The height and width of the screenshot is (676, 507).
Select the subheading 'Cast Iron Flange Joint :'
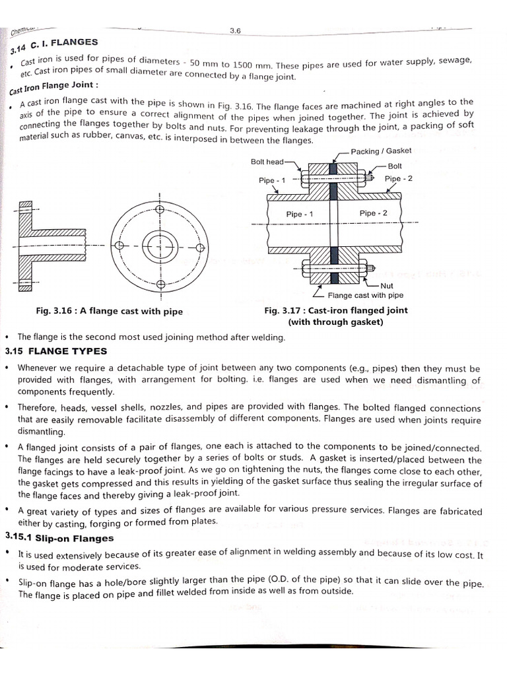54,87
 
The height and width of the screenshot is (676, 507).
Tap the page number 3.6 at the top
235,30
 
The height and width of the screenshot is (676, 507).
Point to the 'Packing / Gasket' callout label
381,151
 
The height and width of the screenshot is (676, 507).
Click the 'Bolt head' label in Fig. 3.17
267,162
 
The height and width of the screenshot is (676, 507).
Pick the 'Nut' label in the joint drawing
386,286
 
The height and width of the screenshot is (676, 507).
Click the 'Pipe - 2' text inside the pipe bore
373,213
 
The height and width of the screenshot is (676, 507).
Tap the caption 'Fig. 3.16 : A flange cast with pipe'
110,311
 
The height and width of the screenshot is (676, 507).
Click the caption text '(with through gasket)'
335,322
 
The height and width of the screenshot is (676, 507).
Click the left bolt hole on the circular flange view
119,246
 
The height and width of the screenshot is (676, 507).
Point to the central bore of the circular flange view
159,247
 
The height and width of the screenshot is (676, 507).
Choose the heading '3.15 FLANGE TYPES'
56,351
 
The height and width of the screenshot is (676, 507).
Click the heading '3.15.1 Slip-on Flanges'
59,539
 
